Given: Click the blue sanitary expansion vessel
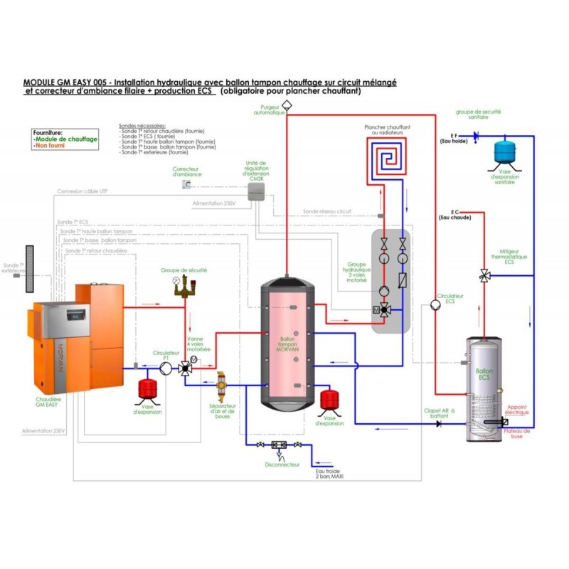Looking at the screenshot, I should pos(506,150).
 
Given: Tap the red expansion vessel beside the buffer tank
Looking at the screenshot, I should pos(329,398).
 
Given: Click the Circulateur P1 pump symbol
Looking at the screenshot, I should pos(165,367).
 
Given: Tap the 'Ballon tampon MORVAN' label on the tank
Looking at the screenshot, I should pos(287,345).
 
